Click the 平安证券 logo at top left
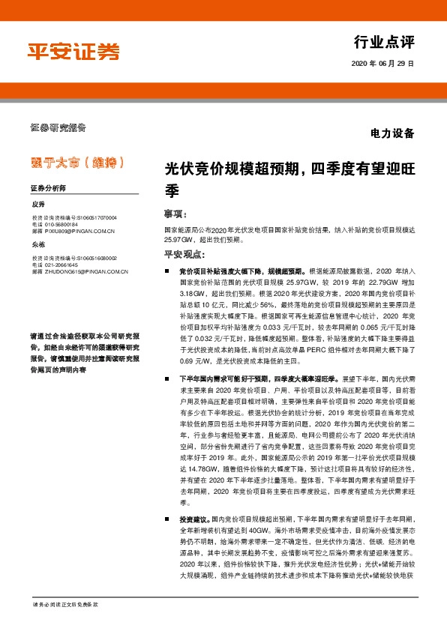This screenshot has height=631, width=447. [x=73, y=51]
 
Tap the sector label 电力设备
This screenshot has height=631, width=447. [x=392, y=134]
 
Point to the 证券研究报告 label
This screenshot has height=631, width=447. [x=58, y=126]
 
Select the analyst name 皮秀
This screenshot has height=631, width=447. [x=39, y=205]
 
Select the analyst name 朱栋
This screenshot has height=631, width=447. [x=39, y=245]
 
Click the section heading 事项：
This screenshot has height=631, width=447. [x=175, y=213]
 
